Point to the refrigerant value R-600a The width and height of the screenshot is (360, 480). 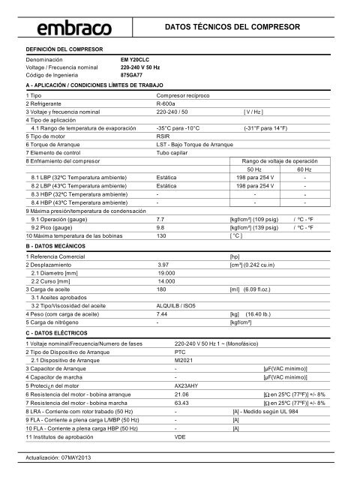pos(166,104)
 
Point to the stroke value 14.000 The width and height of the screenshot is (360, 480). pos(166,281)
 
